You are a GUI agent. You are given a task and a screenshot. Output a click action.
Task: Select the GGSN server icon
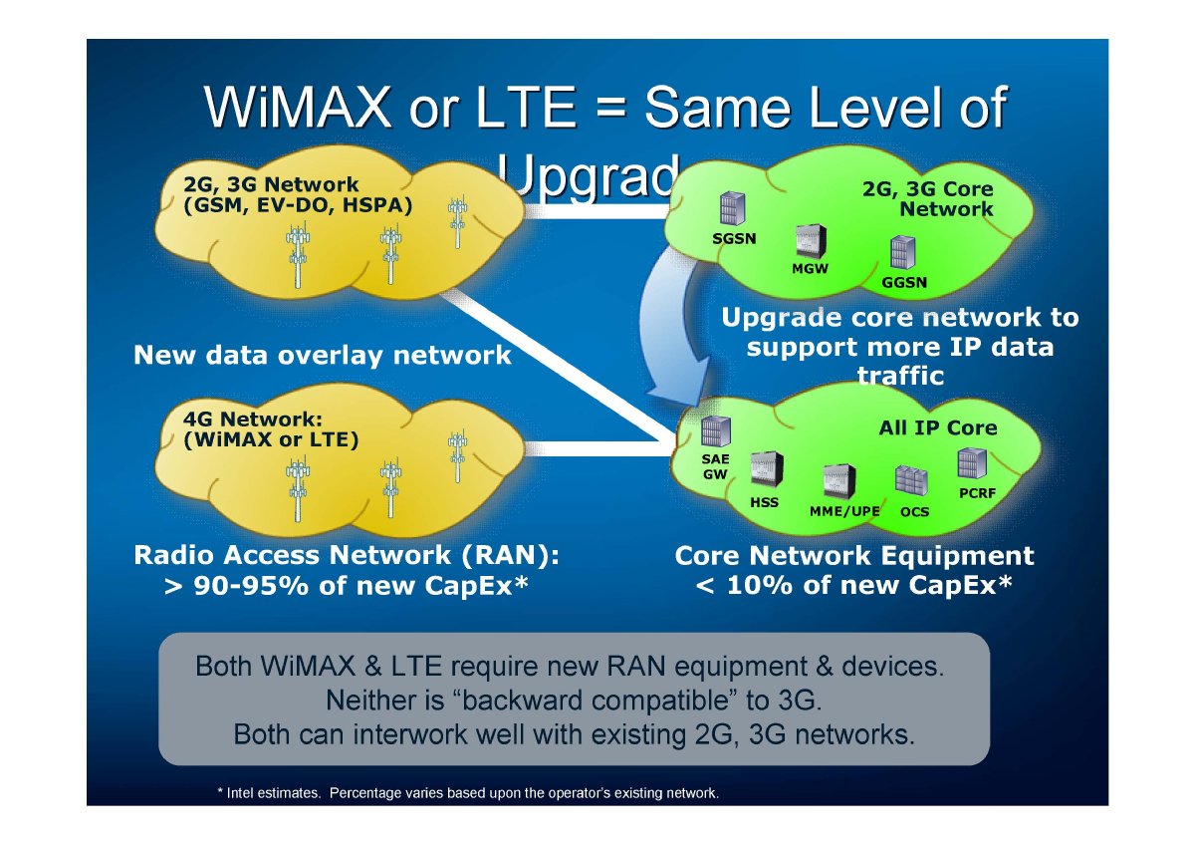point(903,254)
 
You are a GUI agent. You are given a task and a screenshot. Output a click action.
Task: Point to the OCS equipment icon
point(910,482)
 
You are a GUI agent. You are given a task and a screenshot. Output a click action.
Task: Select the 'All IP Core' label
point(937,428)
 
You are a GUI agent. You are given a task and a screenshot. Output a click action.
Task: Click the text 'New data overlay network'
point(323,355)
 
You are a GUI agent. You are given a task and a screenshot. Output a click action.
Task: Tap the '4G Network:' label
point(254,420)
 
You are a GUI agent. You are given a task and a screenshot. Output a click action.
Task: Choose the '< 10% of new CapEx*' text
point(854,585)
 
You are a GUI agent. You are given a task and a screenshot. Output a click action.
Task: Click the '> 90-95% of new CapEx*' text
point(345,586)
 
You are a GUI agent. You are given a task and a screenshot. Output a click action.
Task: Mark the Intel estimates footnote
point(468,793)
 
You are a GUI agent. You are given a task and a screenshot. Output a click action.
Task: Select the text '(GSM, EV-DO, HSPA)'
point(298,204)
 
